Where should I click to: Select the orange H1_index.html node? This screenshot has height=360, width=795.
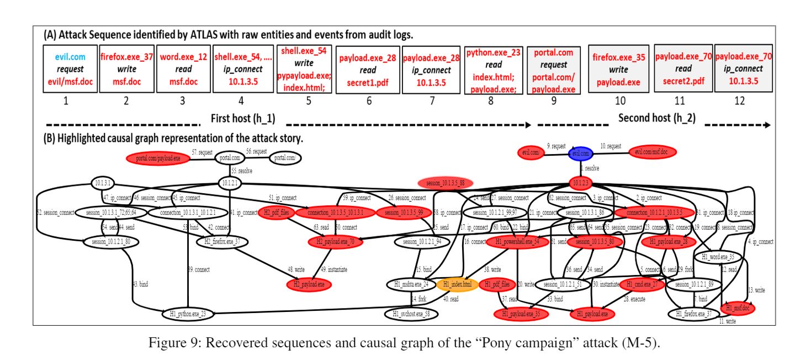pyautogui.click(x=457, y=285)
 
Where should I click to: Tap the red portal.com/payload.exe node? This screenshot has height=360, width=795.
pyautogui.click(x=158, y=158)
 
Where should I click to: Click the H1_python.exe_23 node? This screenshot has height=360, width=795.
pyautogui.click(x=188, y=314)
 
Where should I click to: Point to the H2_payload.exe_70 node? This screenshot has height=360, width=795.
pyautogui.click(x=335, y=241)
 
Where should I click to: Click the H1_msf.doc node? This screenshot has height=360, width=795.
pyautogui.click(x=738, y=307)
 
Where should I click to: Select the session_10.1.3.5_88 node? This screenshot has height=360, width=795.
pyautogui.click(x=448, y=183)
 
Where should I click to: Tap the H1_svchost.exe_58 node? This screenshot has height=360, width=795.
pyautogui.click(x=411, y=314)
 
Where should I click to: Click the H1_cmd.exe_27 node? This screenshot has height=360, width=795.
pyautogui.click(x=641, y=285)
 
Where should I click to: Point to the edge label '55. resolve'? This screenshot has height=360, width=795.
pyautogui.click(x=241, y=171)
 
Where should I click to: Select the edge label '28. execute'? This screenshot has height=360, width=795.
pyautogui.click(x=634, y=299)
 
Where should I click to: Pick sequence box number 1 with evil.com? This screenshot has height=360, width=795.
pyautogui.click(x=70, y=69)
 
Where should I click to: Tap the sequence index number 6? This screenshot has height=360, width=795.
pyautogui.click(x=369, y=100)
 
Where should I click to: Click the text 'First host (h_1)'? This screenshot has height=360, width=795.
pyautogui.click(x=243, y=118)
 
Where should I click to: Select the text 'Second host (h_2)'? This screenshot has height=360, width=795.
pyautogui.click(x=656, y=118)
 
